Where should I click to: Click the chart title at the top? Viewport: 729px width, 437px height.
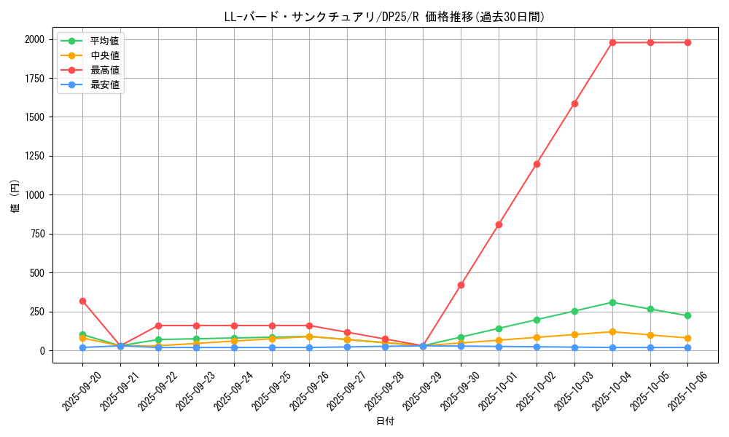coord(384,17)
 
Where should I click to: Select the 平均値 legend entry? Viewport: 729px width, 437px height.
coord(104,41)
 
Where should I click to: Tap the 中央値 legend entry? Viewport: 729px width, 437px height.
coord(104,55)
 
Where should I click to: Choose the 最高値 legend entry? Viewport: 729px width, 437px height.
coord(104,70)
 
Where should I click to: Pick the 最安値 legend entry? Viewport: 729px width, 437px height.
coord(104,84)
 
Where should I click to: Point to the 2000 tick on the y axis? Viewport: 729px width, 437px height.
coord(34,39)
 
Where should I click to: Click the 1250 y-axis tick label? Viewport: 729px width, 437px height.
coord(34,156)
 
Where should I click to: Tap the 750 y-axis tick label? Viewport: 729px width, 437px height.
coord(37,234)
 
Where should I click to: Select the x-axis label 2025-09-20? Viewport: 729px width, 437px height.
coord(82,386)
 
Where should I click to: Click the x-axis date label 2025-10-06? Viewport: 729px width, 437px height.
coord(687,386)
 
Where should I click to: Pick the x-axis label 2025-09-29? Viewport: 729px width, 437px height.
coord(423,386)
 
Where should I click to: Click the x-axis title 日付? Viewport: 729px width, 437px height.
coord(385,422)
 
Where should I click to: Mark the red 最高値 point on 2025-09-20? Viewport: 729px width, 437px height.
coord(82,301)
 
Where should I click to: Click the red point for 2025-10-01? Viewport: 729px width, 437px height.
coord(499,224)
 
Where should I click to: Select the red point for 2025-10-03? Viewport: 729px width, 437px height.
coord(574,103)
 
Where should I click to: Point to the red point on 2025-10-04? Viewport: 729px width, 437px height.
coord(612,42)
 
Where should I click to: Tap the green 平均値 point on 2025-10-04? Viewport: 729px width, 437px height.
coord(612,302)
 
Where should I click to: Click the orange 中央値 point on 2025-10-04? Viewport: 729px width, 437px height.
coord(612,332)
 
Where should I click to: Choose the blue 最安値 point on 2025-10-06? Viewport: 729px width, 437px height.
coord(687,347)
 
